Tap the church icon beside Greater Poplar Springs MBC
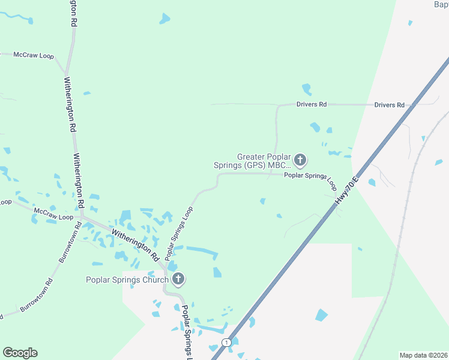point(301,160)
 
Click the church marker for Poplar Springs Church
point(178,279)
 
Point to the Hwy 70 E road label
point(347,191)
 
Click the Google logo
point(20,353)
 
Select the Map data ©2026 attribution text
point(423,355)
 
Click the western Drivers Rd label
point(312,104)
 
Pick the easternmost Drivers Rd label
point(389,105)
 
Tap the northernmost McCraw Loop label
point(34,55)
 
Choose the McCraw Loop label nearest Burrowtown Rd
point(53,214)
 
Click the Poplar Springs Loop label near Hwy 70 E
point(310,179)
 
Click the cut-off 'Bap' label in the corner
point(441,5)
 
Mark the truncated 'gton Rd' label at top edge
point(73,12)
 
